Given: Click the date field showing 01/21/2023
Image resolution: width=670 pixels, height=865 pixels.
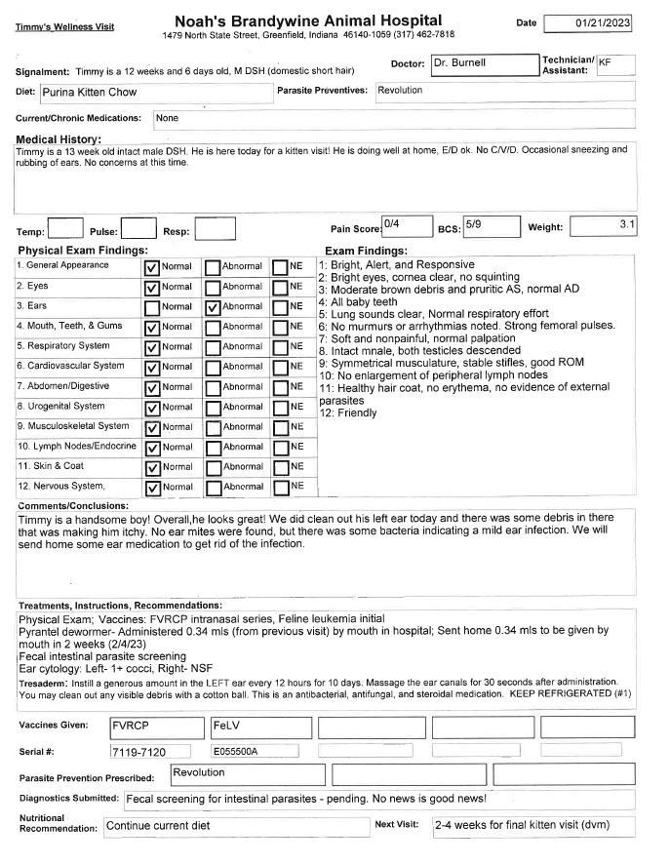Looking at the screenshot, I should tap(589, 23).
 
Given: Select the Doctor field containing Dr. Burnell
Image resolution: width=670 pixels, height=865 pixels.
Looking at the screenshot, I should tap(483, 64).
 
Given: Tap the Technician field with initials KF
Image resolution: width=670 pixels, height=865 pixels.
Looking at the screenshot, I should tap(615, 65).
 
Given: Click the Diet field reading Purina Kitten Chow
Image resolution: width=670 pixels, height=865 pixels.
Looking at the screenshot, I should tap(156, 93).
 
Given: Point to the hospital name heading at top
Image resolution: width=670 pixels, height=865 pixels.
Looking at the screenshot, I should tap(307, 20).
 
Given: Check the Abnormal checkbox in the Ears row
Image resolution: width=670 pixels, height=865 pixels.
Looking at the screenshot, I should tap(213, 306).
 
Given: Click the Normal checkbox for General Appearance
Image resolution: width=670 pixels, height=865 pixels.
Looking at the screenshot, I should tap(151, 266).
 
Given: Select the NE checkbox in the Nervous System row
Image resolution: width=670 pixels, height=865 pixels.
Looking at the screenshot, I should tap(280, 487).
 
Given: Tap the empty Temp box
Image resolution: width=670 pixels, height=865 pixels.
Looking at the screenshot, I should tap(65, 229).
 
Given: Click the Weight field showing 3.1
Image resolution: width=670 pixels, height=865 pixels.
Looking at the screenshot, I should tap(603, 226).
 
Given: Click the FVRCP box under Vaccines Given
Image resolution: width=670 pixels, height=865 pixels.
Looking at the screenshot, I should tap(155, 727).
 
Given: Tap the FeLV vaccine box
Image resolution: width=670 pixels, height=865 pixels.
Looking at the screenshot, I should tap(257, 727).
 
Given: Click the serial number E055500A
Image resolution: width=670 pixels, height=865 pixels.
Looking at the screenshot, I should tap(257, 752).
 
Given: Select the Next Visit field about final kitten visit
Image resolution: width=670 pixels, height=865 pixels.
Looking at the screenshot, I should tap(533, 826).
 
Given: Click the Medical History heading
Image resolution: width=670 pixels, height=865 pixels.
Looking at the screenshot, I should tap(58, 139).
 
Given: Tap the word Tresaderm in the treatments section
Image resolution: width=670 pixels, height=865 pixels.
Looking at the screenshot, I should tap(43, 684).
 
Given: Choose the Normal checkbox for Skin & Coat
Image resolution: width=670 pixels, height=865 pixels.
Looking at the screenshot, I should tap(151, 466).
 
